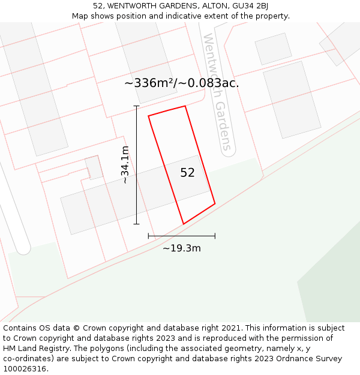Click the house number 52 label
(x=187, y=173)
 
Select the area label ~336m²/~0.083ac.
(x=182, y=83)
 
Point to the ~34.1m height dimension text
(x=124, y=164)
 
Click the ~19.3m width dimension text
(x=181, y=248)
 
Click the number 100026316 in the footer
(x=24, y=369)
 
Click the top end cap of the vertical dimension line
(x=136, y=106)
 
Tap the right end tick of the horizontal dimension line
(x=215, y=236)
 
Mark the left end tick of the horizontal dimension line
(x=148, y=236)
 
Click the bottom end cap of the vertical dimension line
(x=136, y=224)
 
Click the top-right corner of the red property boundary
(x=185, y=106)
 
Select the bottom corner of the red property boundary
(x=183, y=224)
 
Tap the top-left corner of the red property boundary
(x=148, y=115)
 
